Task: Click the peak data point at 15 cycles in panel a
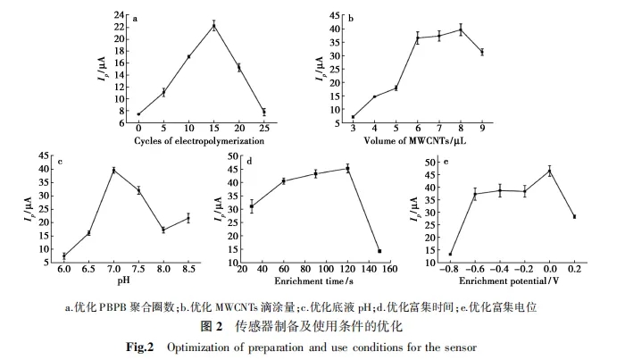click(x=214, y=25)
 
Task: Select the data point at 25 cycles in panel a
click(x=264, y=112)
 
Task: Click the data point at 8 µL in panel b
click(x=461, y=29)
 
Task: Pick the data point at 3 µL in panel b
click(x=353, y=117)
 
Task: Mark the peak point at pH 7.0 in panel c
click(x=113, y=170)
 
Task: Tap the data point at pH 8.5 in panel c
click(x=188, y=218)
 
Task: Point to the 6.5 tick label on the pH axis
click(x=88, y=268)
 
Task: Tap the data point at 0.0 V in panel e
click(x=550, y=171)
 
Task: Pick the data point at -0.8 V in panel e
click(x=450, y=255)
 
